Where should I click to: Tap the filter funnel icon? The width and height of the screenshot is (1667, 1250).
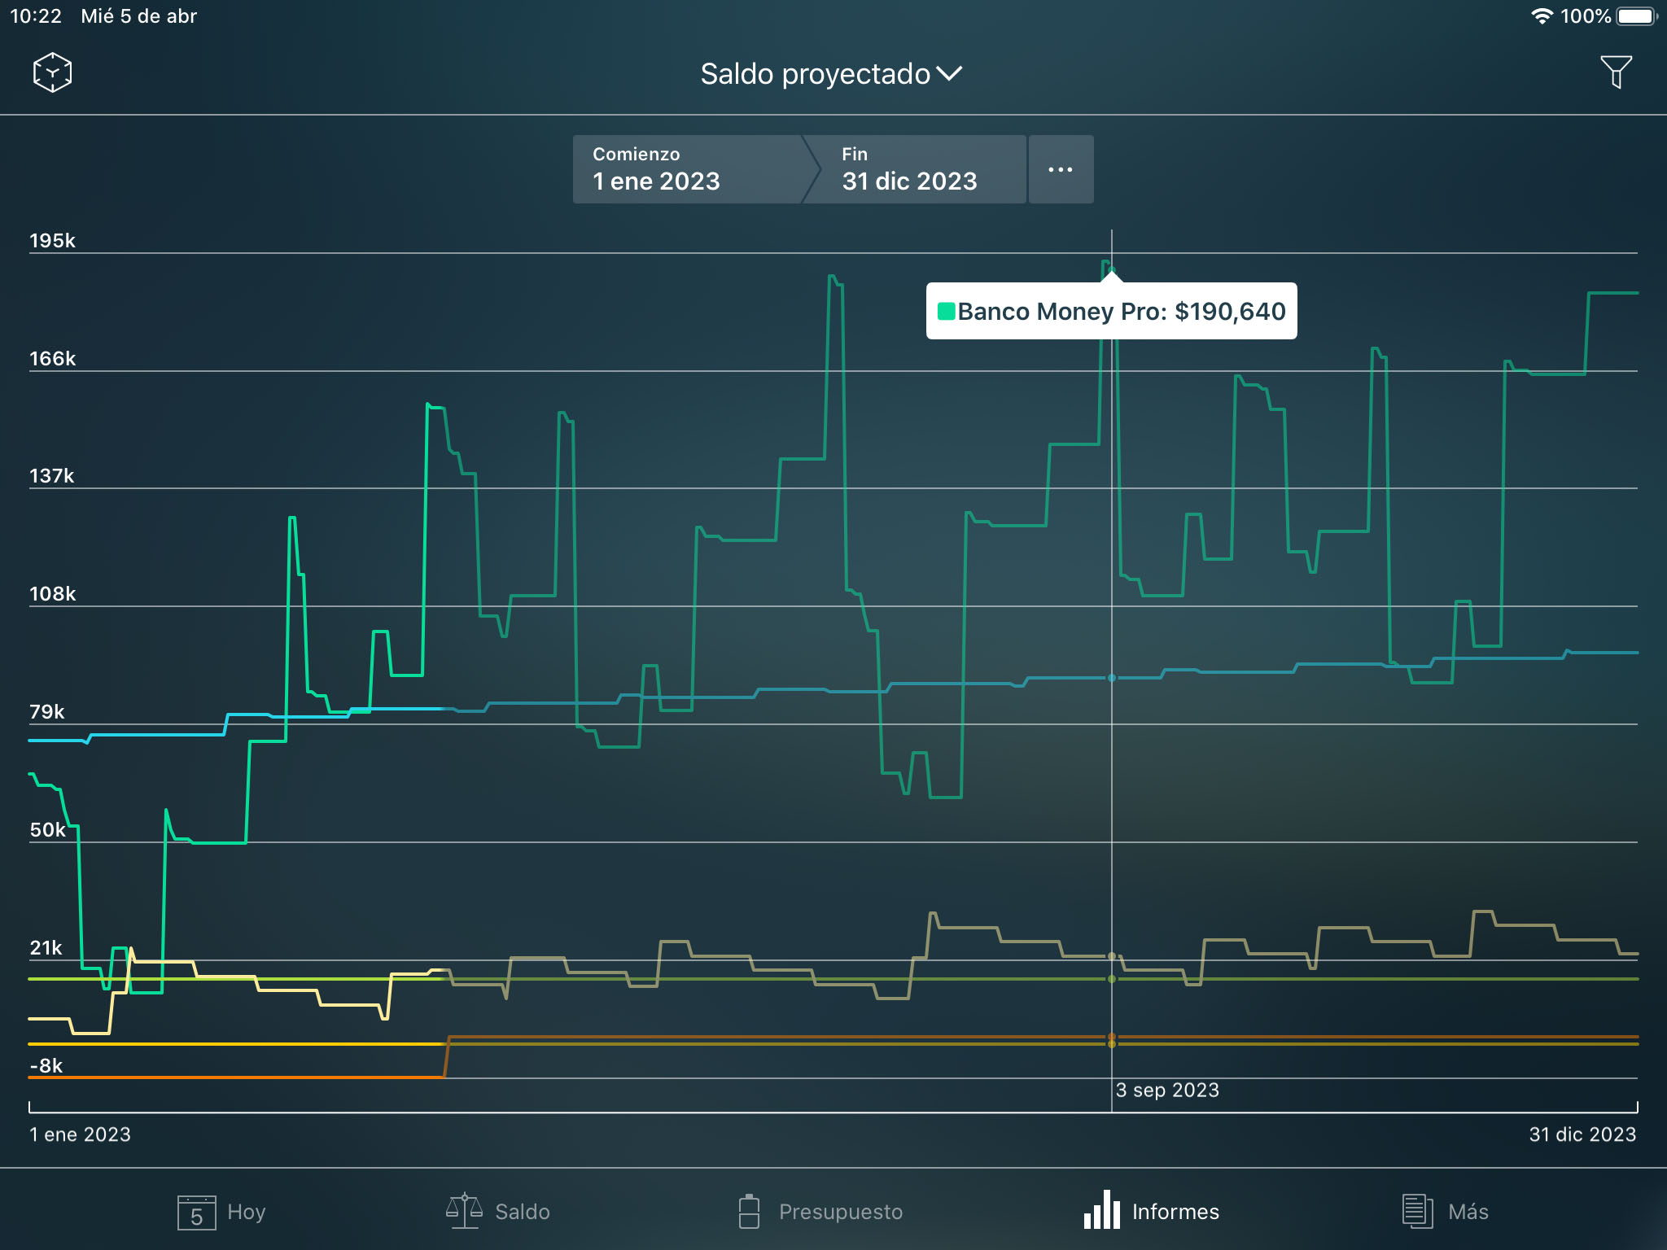click(x=1616, y=72)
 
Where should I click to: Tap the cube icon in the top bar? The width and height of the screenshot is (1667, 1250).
click(x=52, y=72)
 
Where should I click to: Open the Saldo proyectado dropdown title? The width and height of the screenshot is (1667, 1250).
click(x=831, y=74)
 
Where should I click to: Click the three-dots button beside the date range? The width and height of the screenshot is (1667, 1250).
click(x=1061, y=169)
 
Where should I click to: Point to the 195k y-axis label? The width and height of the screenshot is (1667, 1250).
click(x=52, y=241)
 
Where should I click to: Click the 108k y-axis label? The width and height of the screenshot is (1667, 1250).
click(x=52, y=594)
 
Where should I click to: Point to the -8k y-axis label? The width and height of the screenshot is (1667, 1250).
click(x=46, y=1066)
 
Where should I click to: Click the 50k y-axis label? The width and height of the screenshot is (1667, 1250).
click(x=48, y=830)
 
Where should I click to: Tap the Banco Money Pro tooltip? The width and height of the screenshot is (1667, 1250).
click(x=1111, y=312)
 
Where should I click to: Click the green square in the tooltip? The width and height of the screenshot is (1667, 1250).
click(x=946, y=312)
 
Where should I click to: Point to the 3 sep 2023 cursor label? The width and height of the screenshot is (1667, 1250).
click(x=1167, y=1090)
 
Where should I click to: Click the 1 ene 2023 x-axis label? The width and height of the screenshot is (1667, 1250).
click(x=81, y=1134)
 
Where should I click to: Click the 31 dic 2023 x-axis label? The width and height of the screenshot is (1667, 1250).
click(x=1582, y=1134)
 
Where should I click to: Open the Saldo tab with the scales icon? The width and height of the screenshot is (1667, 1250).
click(x=498, y=1212)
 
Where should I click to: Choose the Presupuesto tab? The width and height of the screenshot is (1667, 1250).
click(x=820, y=1212)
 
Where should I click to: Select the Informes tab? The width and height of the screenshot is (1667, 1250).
click(x=1151, y=1212)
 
